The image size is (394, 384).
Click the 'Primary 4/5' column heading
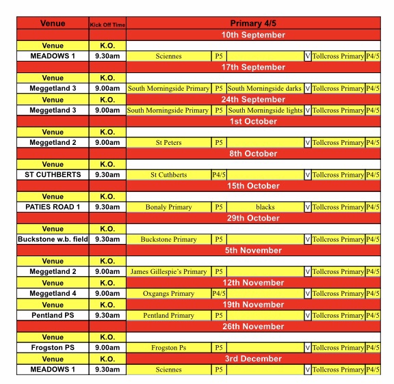coord(253,23)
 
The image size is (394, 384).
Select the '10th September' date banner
coord(253,35)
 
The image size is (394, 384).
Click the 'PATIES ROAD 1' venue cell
coord(53,207)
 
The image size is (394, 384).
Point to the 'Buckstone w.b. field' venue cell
coord(53,239)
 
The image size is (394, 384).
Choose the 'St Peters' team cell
coord(168,143)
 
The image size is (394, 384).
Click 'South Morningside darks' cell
coord(265,89)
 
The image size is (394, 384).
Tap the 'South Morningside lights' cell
coord(265,110)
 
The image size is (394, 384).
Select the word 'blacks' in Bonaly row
coord(265,207)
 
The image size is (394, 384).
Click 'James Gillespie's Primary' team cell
coord(168,272)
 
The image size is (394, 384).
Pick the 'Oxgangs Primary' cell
coord(168,294)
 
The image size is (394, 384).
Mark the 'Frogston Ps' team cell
coord(168,348)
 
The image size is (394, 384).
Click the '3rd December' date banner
coord(253,359)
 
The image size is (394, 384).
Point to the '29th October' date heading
coord(253,218)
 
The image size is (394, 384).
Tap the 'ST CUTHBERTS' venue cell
coord(53,175)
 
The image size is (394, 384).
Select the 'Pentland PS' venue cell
coord(53,316)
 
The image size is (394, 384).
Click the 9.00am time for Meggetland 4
coord(107,294)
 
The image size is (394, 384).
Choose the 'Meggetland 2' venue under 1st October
coord(53,143)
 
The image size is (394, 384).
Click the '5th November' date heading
coord(253,250)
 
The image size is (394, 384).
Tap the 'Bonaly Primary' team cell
coord(168,207)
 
